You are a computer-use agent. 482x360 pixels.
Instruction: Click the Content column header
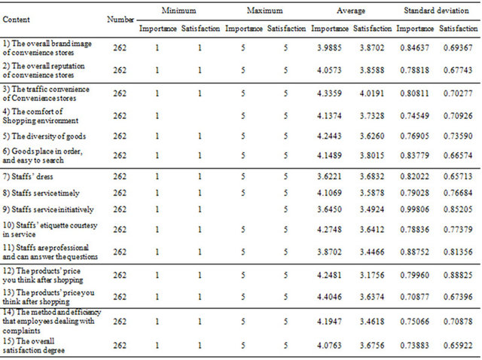(x=16, y=20)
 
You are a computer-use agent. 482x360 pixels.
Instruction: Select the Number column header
(x=120, y=20)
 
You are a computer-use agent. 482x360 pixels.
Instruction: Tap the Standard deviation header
(x=436, y=11)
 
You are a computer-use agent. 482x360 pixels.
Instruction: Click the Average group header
(x=351, y=11)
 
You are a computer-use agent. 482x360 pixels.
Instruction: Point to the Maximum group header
(x=264, y=11)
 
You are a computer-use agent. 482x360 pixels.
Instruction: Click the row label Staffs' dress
(x=28, y=176)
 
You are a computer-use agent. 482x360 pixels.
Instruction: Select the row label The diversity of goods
(x=44, y=136)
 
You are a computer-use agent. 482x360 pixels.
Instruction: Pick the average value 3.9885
(x=329, y=48)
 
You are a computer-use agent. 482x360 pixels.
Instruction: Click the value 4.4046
(x=329, y=297)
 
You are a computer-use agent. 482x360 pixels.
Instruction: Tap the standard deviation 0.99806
(x=414, y=209)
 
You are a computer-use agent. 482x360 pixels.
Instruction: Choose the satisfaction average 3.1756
(x=372, y=275)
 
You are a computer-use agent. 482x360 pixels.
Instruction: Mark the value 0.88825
(x=458, y=275)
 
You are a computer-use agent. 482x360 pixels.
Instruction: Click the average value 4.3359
(x=329, y=93)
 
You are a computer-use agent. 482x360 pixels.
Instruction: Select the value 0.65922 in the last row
(x=458, y=346)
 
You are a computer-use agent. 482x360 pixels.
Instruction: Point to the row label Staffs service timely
(x=41, y=193)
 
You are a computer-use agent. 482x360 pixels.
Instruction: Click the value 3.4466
(x=372, y=252)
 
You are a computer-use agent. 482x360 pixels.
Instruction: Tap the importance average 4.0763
(x=329, y=346)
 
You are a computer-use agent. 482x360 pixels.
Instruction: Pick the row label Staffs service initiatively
(x=48, y=209)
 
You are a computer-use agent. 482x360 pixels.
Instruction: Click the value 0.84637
(x=414, y=48)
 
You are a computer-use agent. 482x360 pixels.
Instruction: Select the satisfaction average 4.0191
(x=372, y=93)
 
